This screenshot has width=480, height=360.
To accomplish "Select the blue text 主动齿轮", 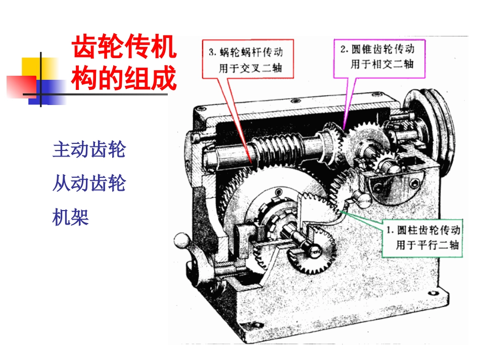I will coord(89,149).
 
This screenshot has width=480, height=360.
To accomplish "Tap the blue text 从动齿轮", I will coord(89,184).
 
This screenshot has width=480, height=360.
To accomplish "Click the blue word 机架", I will coord(71,218).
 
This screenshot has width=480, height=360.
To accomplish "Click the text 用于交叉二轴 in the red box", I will coord(250,68).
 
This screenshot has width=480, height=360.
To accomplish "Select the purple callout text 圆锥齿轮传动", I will coord(382,49).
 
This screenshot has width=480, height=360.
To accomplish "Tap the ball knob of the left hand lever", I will coord(179,239).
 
